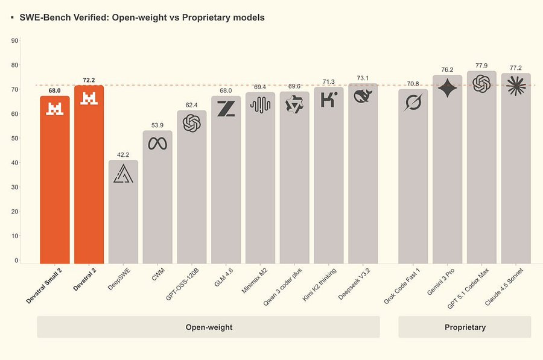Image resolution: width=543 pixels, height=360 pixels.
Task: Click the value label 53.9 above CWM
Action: pyautogui.click(x=157, y=125)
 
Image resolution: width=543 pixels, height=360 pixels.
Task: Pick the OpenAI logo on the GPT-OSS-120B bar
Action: pyautogui.click(x=192, y=124)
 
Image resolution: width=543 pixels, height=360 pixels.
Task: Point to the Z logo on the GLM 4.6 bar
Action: pyautogui.click(x=226, y=109)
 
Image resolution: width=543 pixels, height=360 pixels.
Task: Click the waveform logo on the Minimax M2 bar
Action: pyautogui.click(x=260, y=105)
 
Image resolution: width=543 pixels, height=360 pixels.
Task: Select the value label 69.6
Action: pyautogui.click(x=294, y=87)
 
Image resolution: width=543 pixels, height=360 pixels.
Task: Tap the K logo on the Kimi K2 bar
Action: pyautogui.click(x=328, y=99)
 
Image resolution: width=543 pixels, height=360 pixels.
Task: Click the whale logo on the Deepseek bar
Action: pyautogui.click(x=363, y=95)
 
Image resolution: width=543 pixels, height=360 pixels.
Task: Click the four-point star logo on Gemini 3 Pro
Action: pyautogui.click(x=447, y=89)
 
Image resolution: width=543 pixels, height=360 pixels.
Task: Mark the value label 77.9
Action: pyautogui.click(x=481, y=66)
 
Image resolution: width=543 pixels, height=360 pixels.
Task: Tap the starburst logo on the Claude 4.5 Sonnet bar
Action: pyautogui.click(x=516, y=87)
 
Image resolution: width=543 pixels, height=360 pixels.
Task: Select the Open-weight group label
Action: pyautogui.click(x=208, y=327)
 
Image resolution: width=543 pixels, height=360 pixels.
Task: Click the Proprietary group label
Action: pyautogui.click(x=465, y=327)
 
